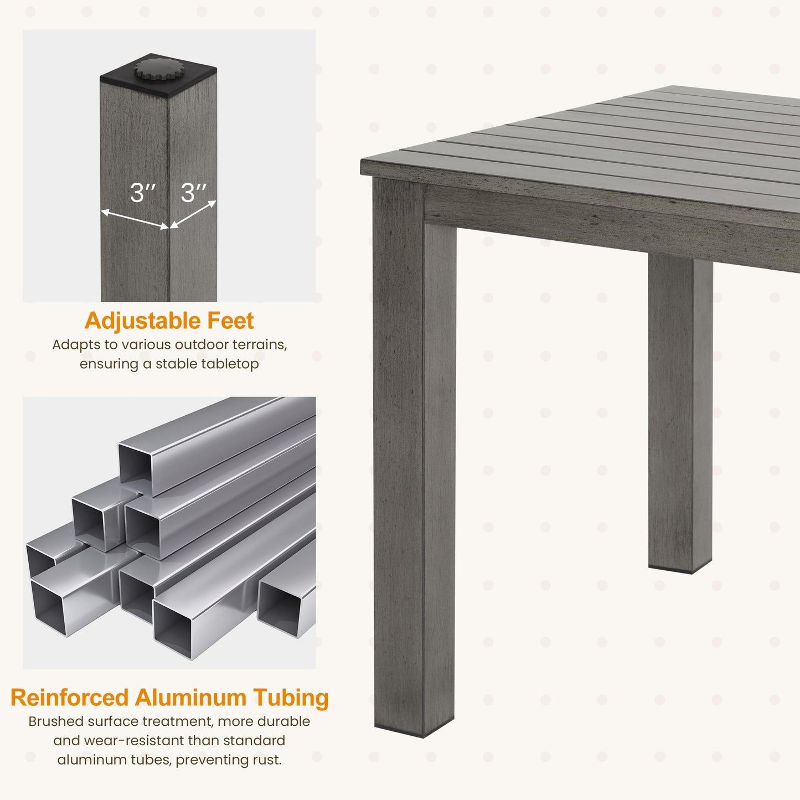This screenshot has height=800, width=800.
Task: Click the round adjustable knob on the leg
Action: point(155,69)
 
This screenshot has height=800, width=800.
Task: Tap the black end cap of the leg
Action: point(158,75)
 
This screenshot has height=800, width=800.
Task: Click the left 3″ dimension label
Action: point(142,193)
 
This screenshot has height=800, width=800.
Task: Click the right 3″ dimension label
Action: point(193,193)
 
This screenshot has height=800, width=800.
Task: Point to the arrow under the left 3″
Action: point(135,219)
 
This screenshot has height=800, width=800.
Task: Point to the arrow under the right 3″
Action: point(193,214)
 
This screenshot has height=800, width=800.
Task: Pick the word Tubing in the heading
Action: point(291,698)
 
